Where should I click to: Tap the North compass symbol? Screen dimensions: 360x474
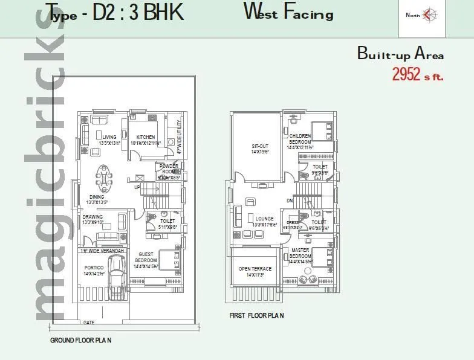tap(429, 14)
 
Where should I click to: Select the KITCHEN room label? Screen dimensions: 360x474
tap(146, 137)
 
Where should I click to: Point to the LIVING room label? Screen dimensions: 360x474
tap(109, 137)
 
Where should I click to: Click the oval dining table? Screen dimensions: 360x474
tap(105, 179)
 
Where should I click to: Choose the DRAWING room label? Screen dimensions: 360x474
tap(93, 217)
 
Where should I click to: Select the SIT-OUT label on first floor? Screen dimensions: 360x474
tap(260, 146)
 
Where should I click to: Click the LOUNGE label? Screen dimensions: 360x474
tap(265, 219)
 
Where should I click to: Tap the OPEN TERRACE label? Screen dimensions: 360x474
tap(255, 269)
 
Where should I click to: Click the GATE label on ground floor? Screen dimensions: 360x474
tap(88, 322)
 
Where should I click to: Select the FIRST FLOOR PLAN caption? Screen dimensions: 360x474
tap(256, 315)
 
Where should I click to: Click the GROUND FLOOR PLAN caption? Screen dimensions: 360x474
tap(80, 340)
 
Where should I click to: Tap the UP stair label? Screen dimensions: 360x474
tap(137, 187)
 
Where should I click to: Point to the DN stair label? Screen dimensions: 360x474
tap(290, 201)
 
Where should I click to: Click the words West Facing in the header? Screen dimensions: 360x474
tap(288, 12)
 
